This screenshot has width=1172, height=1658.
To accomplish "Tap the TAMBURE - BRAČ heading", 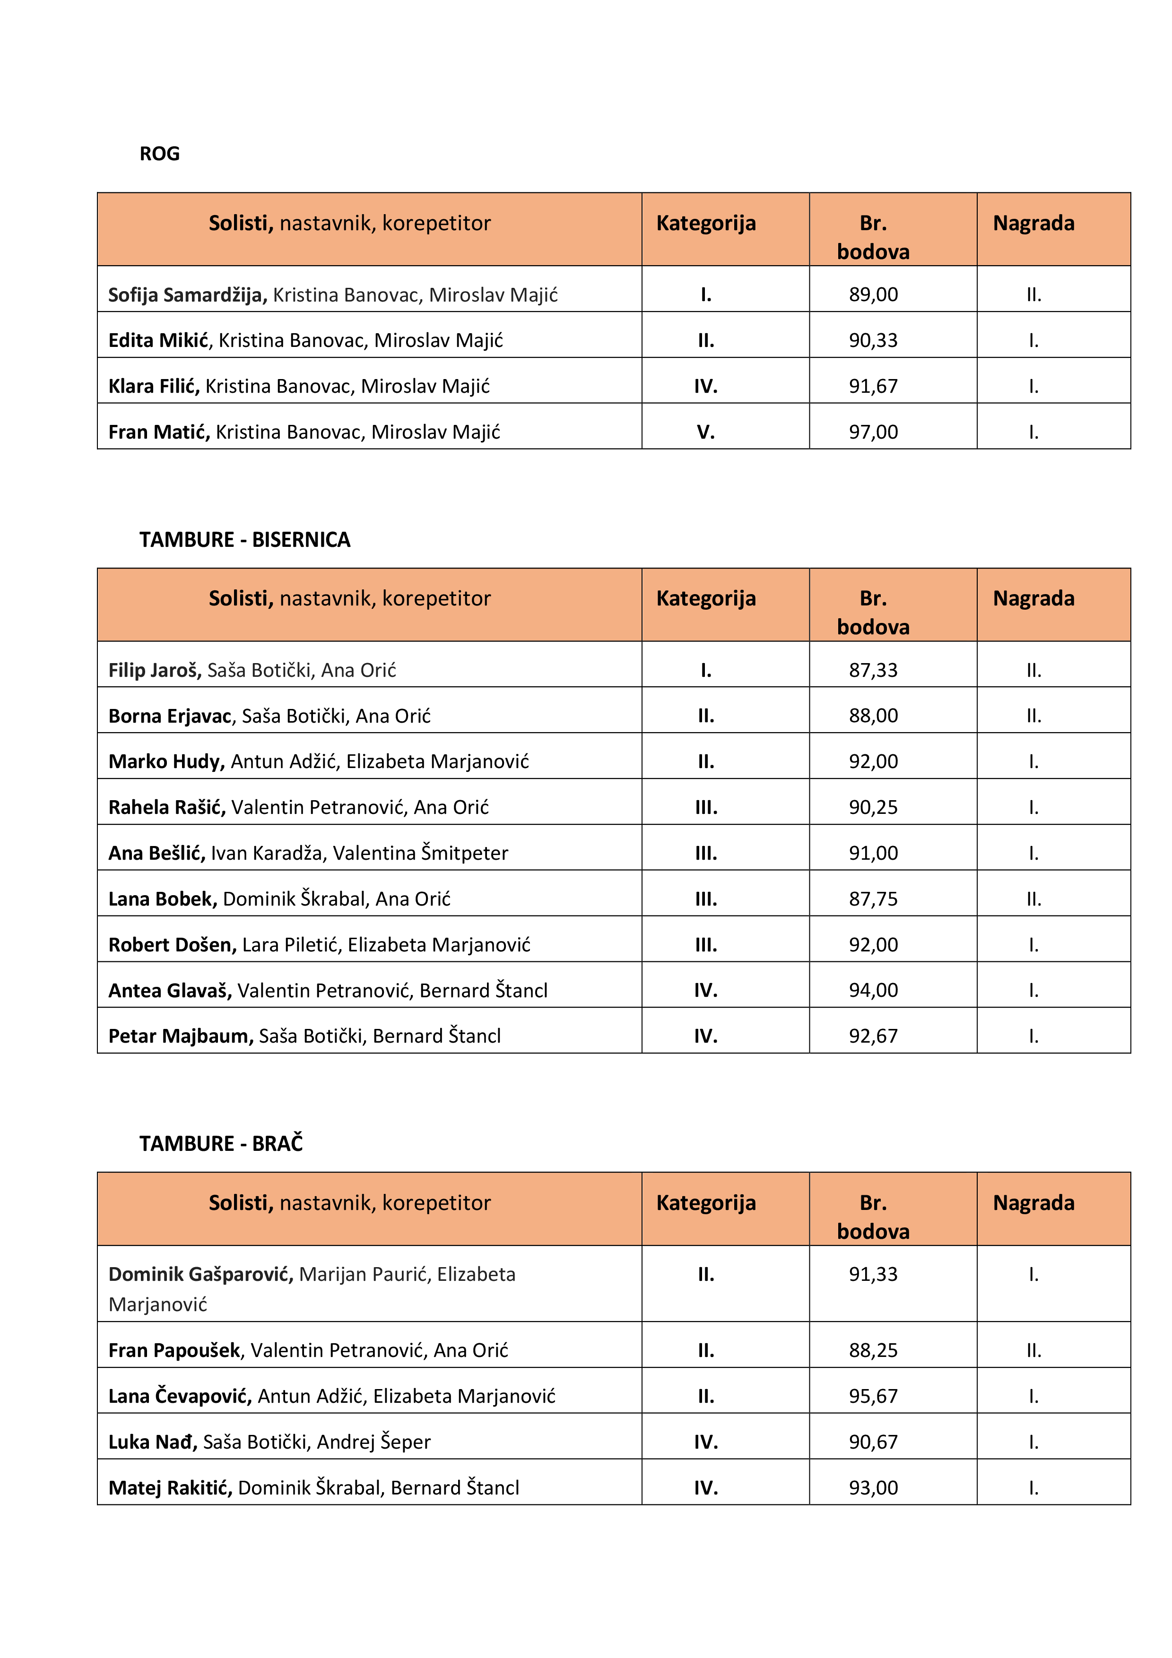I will point(221,1143).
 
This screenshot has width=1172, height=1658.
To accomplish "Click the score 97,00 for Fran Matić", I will point(873,432).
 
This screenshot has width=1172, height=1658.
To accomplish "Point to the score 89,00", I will point(873,294).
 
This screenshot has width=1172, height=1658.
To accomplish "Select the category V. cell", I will point(705,432).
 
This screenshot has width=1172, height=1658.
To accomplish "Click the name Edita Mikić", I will point(158,340).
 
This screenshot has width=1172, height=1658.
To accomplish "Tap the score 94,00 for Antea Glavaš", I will point(873,990).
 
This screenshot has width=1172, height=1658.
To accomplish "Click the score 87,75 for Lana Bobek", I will point(873,899).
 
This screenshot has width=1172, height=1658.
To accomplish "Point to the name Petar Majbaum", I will point(181,1036).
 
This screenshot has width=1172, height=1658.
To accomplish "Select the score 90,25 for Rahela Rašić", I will point(873,807).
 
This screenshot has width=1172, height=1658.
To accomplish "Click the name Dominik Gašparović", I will point(200,1275).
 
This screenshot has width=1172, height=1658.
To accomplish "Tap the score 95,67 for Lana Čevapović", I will point(873,1396).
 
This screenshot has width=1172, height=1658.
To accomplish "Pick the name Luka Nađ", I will point(152,1442).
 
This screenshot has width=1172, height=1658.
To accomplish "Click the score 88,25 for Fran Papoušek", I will point(873,1350).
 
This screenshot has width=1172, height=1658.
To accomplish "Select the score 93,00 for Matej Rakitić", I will point(873,1487).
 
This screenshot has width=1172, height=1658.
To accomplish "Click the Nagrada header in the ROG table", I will point(1033,223).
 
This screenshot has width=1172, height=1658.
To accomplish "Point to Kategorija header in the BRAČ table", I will point(705,1203).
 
